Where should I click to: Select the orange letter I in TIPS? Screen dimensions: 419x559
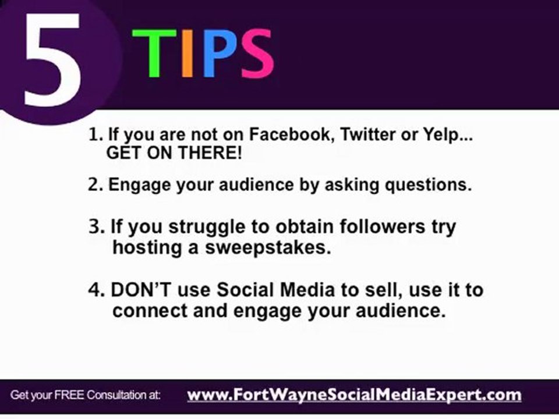pos(187,54)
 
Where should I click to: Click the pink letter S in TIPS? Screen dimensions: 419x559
pos(256,54)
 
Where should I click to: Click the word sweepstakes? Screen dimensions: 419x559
pos(267,247)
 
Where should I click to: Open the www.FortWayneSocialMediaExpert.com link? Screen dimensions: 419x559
pos(354,395)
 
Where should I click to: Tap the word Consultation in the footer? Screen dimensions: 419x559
pos(114,395)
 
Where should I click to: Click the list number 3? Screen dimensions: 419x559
pos(95,226)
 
